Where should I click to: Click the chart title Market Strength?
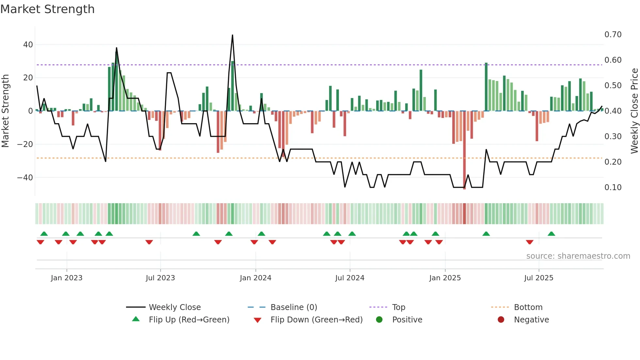47,9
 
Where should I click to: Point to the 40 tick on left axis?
28,44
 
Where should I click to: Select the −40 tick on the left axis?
25,178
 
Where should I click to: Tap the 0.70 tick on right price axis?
613,35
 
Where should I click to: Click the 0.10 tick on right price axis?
613,188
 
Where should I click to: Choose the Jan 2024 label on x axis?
255,278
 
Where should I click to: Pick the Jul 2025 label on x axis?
538,278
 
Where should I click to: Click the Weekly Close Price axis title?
634,111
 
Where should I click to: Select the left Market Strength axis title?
5,111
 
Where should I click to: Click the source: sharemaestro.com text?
578,256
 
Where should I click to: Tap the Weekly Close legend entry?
174,307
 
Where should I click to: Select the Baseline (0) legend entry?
294,307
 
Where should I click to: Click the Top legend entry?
398,307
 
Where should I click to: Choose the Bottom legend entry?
528,307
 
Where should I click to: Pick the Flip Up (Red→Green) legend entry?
189,320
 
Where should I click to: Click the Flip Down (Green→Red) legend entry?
316,320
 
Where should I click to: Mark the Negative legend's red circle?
501,319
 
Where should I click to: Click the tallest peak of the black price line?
232,35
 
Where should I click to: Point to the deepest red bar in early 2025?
464,150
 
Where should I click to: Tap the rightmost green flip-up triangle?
551,234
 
